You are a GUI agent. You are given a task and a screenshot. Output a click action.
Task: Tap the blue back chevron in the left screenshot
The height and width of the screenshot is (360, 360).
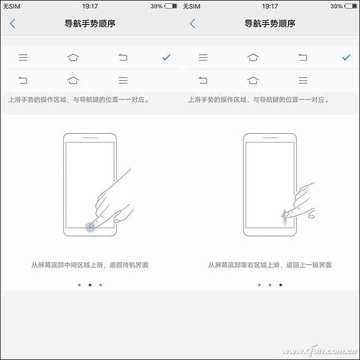point(13,23)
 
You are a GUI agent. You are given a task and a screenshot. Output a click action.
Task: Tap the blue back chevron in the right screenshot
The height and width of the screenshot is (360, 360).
point(193,23)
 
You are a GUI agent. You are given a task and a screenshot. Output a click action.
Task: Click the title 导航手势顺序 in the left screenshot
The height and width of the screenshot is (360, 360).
point(90,23)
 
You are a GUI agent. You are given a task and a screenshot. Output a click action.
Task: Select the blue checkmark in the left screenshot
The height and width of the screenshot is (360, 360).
point(166,57)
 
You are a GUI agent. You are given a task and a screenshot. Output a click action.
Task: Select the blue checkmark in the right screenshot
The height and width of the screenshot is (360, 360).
point(346,57)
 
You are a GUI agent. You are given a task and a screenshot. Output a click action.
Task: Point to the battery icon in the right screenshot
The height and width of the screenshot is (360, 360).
point(352,7)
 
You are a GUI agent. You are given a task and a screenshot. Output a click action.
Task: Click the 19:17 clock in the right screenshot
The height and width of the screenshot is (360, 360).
point(270,7)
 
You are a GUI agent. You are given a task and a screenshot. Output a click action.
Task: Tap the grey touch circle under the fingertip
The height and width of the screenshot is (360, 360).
point(91,226)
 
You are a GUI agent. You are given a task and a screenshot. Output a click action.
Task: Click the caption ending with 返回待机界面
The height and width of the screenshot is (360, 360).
point(90,265)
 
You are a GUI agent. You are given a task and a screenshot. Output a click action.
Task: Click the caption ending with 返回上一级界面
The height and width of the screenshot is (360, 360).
point(270,265)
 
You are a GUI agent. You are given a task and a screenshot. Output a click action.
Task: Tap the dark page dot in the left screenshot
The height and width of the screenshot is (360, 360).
point(90,285)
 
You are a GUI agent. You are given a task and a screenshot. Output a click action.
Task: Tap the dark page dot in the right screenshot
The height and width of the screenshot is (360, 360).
point(281,285)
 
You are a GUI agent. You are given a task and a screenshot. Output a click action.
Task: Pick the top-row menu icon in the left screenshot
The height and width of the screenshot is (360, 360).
point(23,57)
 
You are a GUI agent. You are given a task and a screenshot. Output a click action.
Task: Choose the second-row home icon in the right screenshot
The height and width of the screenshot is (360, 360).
point(253,81)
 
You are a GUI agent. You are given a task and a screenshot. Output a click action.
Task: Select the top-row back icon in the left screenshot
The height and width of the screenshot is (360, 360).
point(123,57)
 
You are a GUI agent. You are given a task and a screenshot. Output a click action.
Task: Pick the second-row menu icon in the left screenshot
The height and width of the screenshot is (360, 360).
point(123,81)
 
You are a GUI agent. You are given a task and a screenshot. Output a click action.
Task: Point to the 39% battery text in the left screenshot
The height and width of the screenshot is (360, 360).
point(157,7)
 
